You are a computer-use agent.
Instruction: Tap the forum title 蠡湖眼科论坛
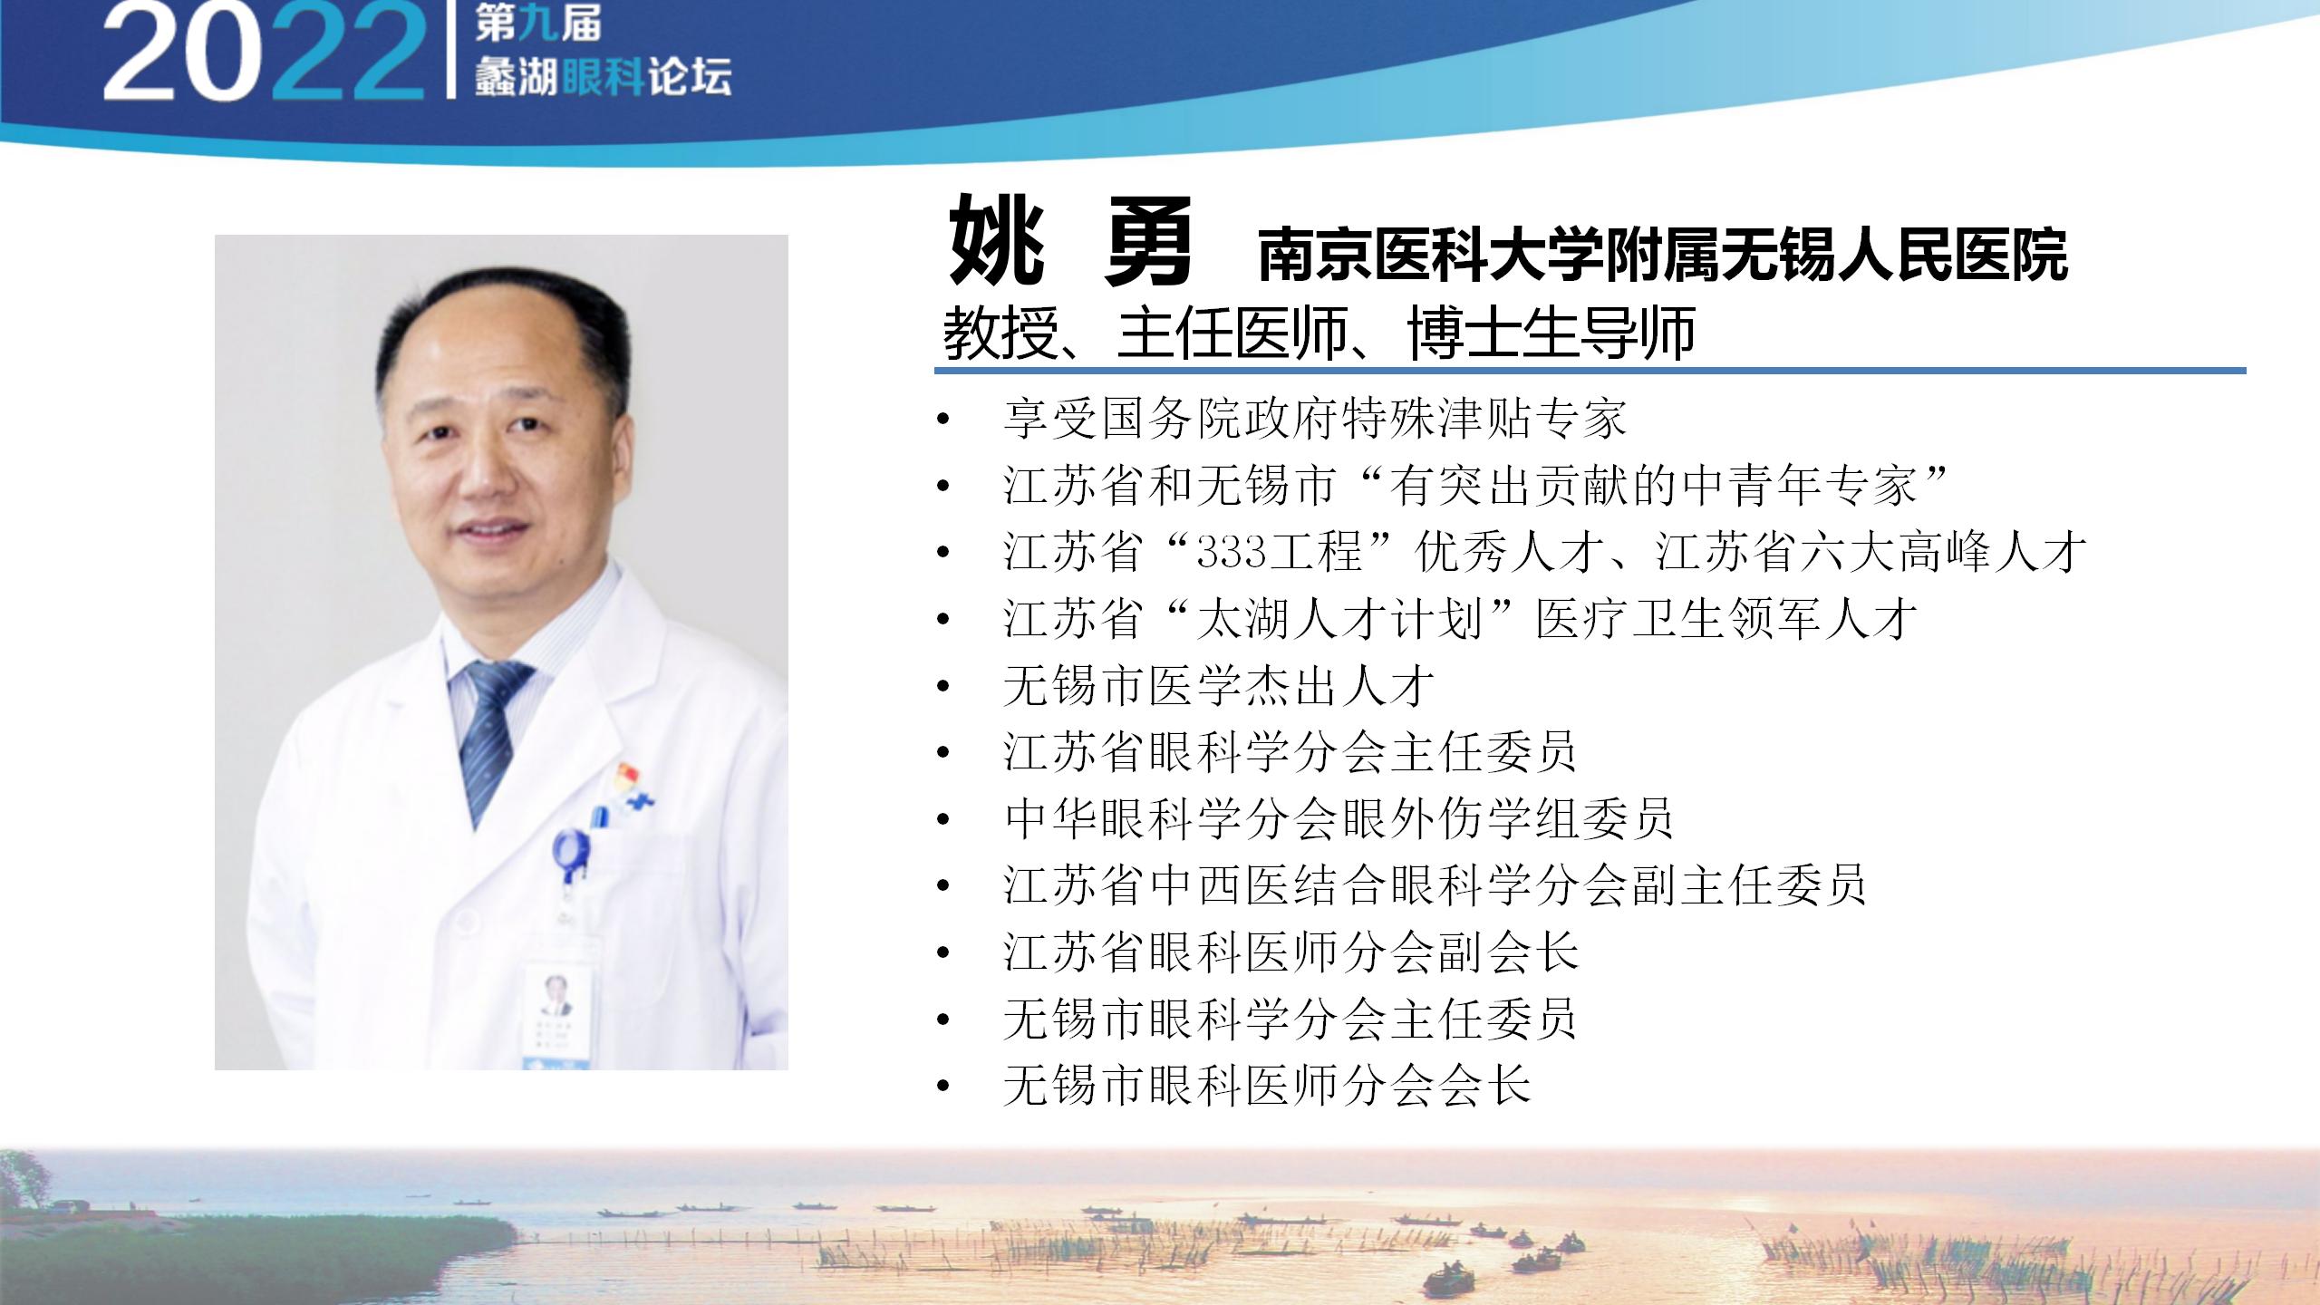click(x=603, y=78)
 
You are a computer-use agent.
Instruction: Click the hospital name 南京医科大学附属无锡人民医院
click(x=1663, y=255)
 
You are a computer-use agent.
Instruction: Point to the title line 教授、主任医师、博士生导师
click(x=1319, y=333)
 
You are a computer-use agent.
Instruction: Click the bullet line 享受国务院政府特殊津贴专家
click(x=1315, y=418)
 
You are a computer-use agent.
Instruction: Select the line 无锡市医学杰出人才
click(x=1219, y=686)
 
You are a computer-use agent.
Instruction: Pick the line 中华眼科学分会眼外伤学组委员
click(x=1339, y=818)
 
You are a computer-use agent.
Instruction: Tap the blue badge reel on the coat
click(x=571, y=853)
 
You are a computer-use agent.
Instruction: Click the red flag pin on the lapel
click(x=628, y=778)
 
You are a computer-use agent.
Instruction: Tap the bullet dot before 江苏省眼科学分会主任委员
click(x=943, y=753)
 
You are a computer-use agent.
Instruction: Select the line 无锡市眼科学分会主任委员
click(x=1290, y=1019)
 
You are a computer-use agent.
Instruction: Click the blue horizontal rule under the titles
click(x=1590, y=371)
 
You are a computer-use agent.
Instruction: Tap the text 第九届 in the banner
click(x=537, y=24)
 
